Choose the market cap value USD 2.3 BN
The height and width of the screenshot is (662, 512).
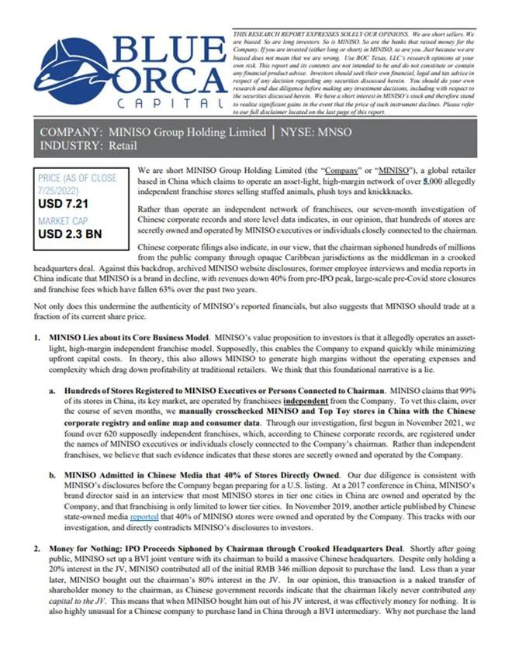coord(74,233)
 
